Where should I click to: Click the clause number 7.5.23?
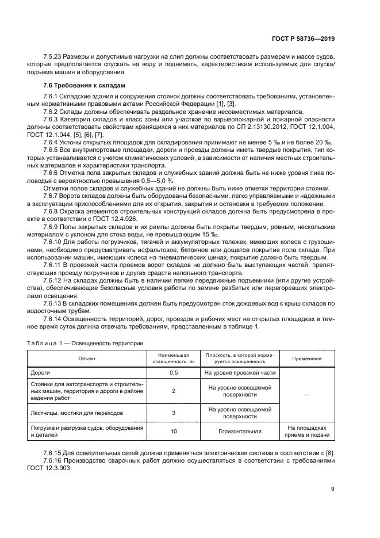[x=55, y=56]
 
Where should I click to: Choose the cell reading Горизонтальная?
[x=240, y=431]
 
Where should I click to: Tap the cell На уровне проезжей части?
[x=240, y=373]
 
